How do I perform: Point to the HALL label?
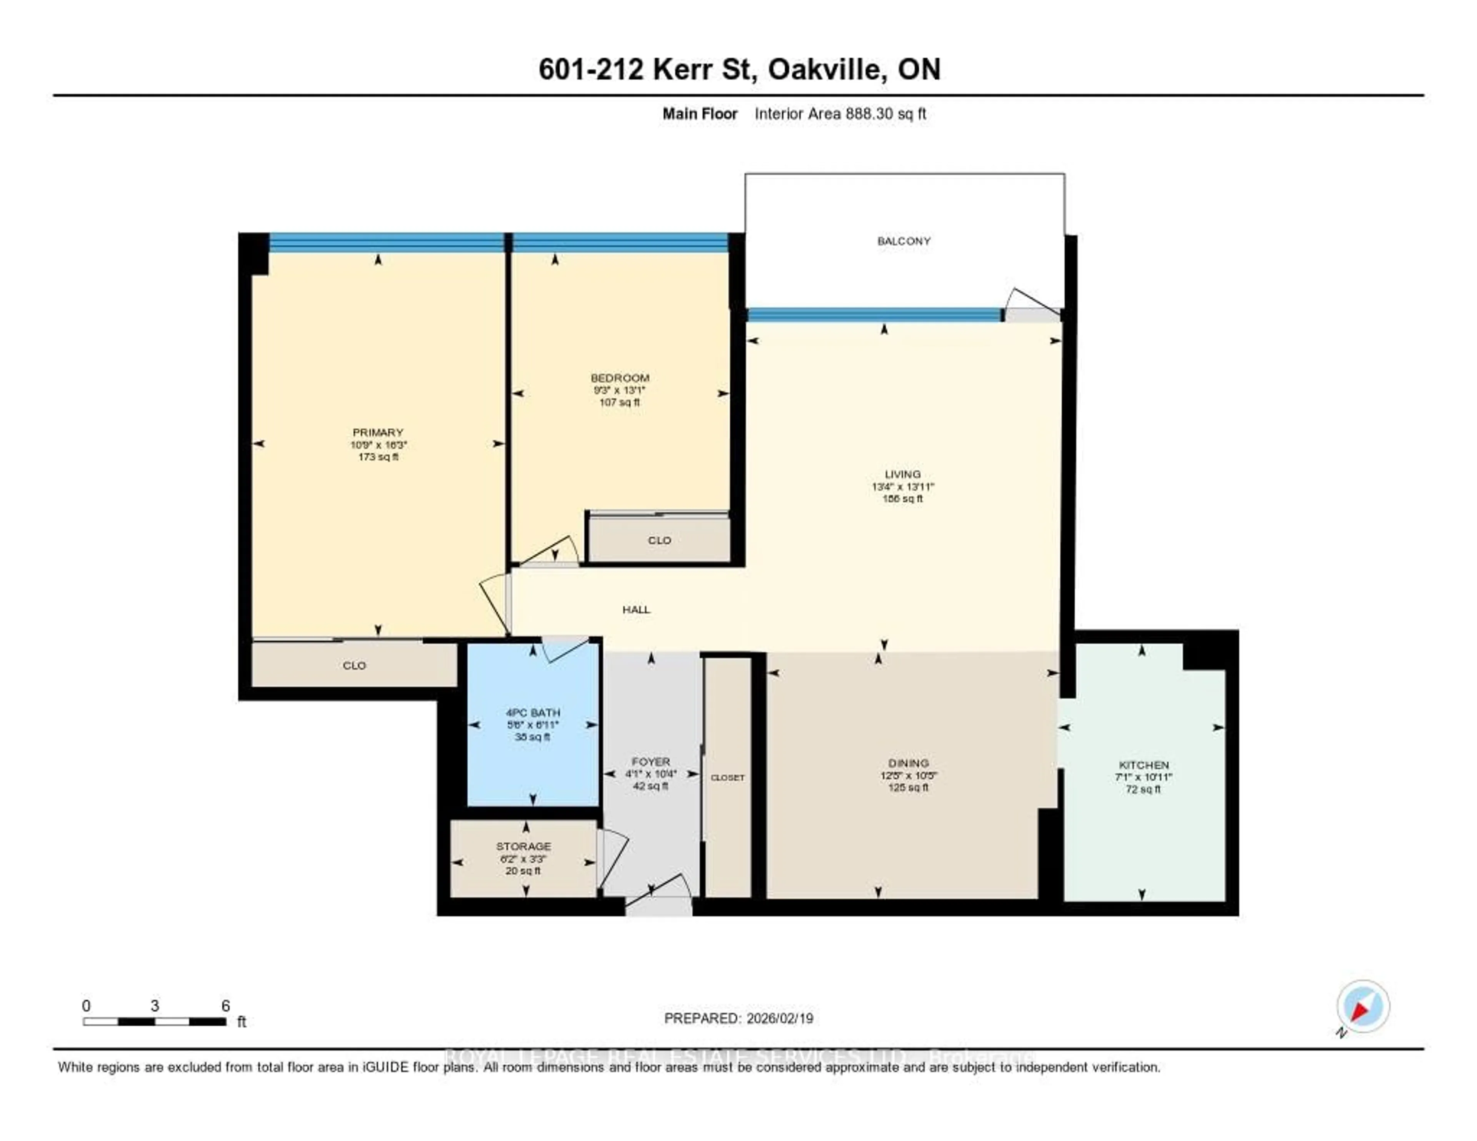point(636,609)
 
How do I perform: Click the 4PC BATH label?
point(533,712)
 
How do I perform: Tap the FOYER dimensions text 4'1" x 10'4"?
point(650,774)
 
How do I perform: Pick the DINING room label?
point(908,763)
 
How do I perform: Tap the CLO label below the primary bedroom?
point(354,666)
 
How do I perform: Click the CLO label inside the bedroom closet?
point(659,540)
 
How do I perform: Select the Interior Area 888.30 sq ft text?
point(840,113)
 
